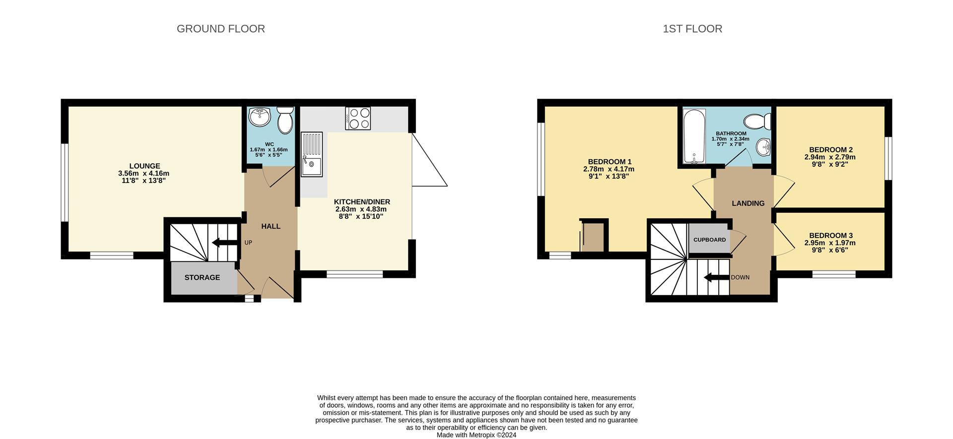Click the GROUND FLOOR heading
click(x=220, y=29)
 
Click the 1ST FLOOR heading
click(x=692, y=29)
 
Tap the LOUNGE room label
click(x=144, y=166)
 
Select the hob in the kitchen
click(x=358, y=119)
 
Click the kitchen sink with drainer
click(x=312, y=154)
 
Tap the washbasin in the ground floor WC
click(x=260, y=117)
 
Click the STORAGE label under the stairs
click(x=202, y=277)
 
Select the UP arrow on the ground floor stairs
click(x=224, y=243)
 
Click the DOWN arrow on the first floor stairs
click(x=716, y=277)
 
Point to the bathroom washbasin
click(x=764, y=147)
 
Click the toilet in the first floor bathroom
click(x=758, y=121)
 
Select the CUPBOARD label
click(x=709, y=240)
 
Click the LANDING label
click(x=748, y=203)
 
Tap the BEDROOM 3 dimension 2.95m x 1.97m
click(x=830, y=243)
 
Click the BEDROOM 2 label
click(x=830, y=150)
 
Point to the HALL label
click(x=271, y=226)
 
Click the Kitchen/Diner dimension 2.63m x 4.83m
click(x=361, y=209)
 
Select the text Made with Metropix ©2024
click(x=476, y=435)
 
